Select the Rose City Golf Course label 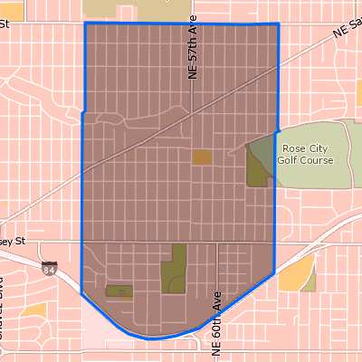pyautogui.click(x=307, y=154)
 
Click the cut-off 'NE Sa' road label pyautogui.click(x=347, y=29)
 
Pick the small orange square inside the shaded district pyautogui.click(x=203, y=157)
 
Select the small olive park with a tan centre pyautogui.click(x=118, y=291)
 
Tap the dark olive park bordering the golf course pyautogui.click(x=259, y=163)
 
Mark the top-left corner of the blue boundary pyautogui.click(x=85, y=23)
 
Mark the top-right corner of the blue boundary pyautogui.click(x=278, y=24)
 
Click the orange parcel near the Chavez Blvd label pyautogui.click(x=34, y=310)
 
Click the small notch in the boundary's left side pyautogui.click(x=83, y=113)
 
